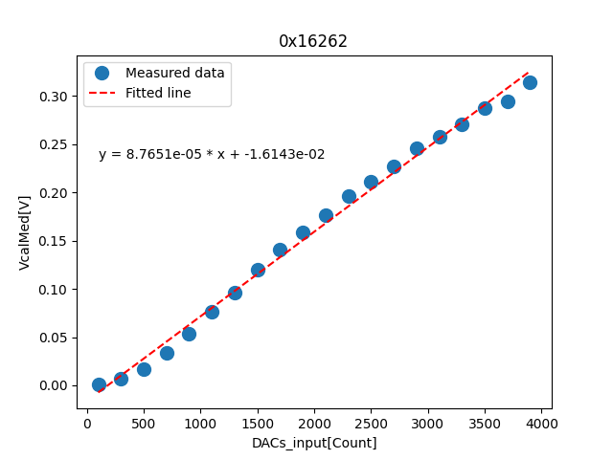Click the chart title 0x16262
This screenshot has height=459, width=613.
point(313,41)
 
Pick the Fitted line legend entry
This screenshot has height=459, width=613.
point(158,93)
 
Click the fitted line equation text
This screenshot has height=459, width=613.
point(212,154)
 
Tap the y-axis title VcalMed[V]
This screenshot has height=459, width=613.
point(25,232)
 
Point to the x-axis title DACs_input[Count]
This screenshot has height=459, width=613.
point(314,443)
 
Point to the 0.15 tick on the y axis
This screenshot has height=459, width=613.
point(54,241)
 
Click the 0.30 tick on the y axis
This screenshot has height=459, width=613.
point(54,97)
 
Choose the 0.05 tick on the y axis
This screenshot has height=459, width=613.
point(54,338)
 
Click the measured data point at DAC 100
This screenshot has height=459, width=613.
point(99,384)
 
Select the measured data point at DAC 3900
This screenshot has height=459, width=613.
point(530,82)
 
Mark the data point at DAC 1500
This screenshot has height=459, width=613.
point(258,270)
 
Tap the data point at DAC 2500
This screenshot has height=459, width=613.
point(371,182)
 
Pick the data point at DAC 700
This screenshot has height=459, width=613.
point(167,353)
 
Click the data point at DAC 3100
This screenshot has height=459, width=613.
point(440,137)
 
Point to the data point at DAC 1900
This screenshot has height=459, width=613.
point(303,232)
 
